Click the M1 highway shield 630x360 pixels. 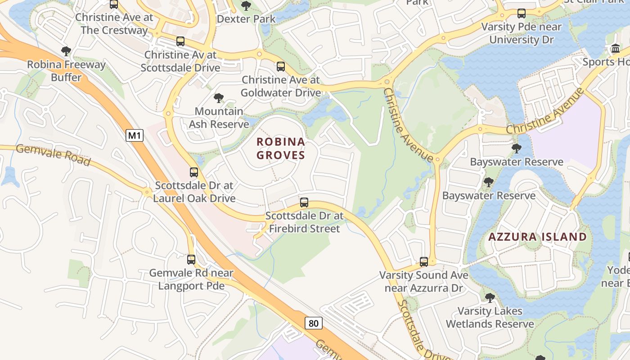pos(134,135)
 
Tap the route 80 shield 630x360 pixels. pos(314,323)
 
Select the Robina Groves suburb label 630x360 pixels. pos(281,148)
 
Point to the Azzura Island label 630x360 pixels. pos(538,237)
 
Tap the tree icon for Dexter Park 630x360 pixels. pos(246,6)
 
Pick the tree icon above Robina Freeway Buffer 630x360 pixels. pos(66,51)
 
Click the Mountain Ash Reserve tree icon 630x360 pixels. pos(219,98)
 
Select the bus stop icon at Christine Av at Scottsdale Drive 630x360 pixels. pos(180,41)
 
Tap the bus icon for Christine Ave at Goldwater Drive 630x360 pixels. pos(281,67)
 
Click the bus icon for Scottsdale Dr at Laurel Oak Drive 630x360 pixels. pos(194,172)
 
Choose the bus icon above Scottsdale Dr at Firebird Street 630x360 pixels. pos(304,202)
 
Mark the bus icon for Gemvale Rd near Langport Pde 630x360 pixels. pos(191,259)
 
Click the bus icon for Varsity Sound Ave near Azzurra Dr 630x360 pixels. pos(423,261)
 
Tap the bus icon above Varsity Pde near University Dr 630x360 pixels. pos(522,13)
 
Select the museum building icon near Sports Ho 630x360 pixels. pos(615,48)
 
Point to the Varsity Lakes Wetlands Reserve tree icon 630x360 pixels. pos(490,297)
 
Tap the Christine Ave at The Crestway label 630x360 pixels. pos(114,24)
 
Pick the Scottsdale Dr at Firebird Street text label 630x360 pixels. pos(304,222)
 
